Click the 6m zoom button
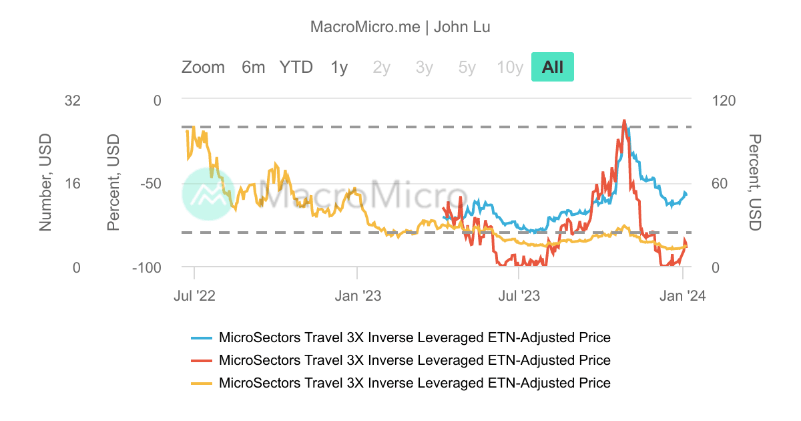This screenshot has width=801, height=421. (253, 67)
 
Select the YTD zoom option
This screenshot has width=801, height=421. (296, 67)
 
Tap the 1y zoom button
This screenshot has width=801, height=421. (339, 67)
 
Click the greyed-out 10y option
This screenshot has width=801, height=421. (509, 67)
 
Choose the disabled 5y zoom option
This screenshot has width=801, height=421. (467, 67)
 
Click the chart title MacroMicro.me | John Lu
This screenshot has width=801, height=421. (400, 27)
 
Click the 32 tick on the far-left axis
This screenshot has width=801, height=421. (72, 100)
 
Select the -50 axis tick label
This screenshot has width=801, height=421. (150, 184)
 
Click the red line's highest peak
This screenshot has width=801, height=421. (624, 122)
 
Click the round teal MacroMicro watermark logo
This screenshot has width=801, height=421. (208, 194)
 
